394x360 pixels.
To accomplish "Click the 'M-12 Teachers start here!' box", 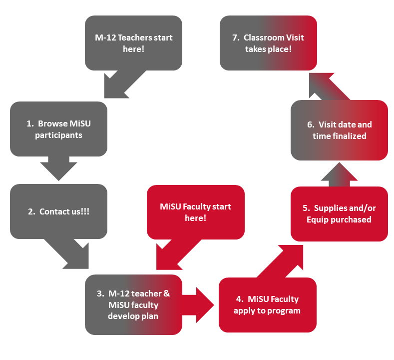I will click(x=133, y=43).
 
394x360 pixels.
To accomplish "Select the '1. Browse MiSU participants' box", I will click(x=58, y=129).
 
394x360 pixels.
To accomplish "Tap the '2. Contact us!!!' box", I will click(x=58, y=211).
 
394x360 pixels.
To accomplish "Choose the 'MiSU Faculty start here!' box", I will click(x=195, y=212).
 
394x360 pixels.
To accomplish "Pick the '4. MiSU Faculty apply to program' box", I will click(x=267, y=304).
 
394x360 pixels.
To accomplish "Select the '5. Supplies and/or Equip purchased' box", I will click(x=339, y=213).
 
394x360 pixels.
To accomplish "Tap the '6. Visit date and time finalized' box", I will click(x=339, y=130).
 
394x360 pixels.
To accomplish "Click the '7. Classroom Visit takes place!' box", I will click(x=268, y=43).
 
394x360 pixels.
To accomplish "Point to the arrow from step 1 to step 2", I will click(x=59, y=167).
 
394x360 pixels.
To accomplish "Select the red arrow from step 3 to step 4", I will click(x=199, y=303).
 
